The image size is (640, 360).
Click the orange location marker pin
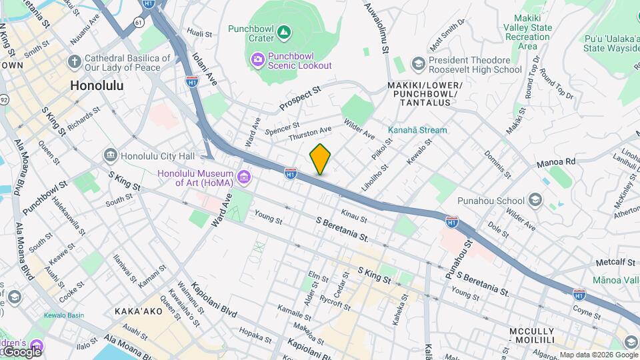320,159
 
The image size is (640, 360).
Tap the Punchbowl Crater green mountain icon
284,31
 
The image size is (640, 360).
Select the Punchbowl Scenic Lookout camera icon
257,60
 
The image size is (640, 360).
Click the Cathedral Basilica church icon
74,62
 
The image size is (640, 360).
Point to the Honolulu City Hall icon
110,155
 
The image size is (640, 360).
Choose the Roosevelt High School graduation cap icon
418,64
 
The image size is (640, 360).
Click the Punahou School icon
535,200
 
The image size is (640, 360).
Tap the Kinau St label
353,215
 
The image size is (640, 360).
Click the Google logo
21,351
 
